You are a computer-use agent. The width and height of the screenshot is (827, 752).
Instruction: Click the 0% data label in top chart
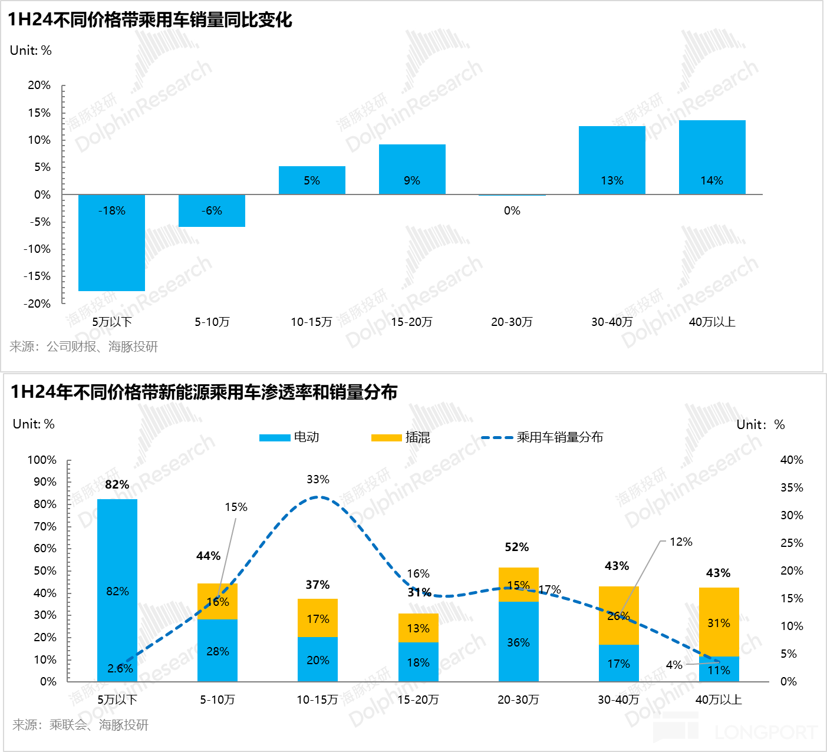(512, 211)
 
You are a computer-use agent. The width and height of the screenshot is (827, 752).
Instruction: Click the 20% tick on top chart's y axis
(39, 85)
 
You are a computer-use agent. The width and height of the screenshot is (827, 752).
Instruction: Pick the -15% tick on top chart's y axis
(37, 276)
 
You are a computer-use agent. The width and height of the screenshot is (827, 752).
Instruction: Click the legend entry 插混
(401, 437)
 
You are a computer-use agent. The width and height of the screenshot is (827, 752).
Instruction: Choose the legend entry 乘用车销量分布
(542, 437)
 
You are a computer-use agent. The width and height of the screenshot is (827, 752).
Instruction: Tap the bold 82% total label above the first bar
(117, 484)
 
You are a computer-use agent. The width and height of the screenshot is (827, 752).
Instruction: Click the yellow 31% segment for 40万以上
(719, 622)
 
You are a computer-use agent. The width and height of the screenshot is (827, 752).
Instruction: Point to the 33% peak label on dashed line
(318, 480)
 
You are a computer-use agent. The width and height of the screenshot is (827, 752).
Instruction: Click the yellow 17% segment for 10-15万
(318, 618)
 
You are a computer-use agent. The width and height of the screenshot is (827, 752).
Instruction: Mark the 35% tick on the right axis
(792, 487)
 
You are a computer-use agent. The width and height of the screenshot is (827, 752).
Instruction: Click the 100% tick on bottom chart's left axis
(42, 460)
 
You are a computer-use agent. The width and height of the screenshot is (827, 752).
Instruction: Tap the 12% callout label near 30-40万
(681, 542)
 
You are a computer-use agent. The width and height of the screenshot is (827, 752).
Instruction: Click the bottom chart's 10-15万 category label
(317, 700)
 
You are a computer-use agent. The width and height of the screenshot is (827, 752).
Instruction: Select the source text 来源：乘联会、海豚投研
(81, 725)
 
